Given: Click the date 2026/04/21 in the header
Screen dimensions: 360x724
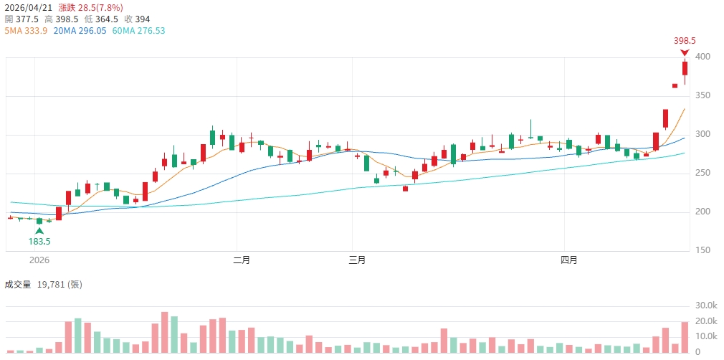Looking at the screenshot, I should tap(29, 6).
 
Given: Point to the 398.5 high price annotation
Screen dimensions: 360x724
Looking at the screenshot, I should tap(685, 41).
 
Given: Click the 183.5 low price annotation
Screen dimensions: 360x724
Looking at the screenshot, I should tap(39, 241).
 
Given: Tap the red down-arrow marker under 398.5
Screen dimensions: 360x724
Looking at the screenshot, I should tap(685, 52).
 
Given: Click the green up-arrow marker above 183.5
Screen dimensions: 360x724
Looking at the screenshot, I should tap(39, 230).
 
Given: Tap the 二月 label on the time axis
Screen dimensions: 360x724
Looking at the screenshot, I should tap(242, 260).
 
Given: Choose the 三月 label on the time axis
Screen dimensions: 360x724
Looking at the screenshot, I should tap(356, 260).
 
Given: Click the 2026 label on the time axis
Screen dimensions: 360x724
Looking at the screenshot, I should tap(39, 260).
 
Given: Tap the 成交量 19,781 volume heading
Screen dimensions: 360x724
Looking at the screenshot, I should tap(43, 285).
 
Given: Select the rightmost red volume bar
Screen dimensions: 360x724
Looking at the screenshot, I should tap(685, 337).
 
